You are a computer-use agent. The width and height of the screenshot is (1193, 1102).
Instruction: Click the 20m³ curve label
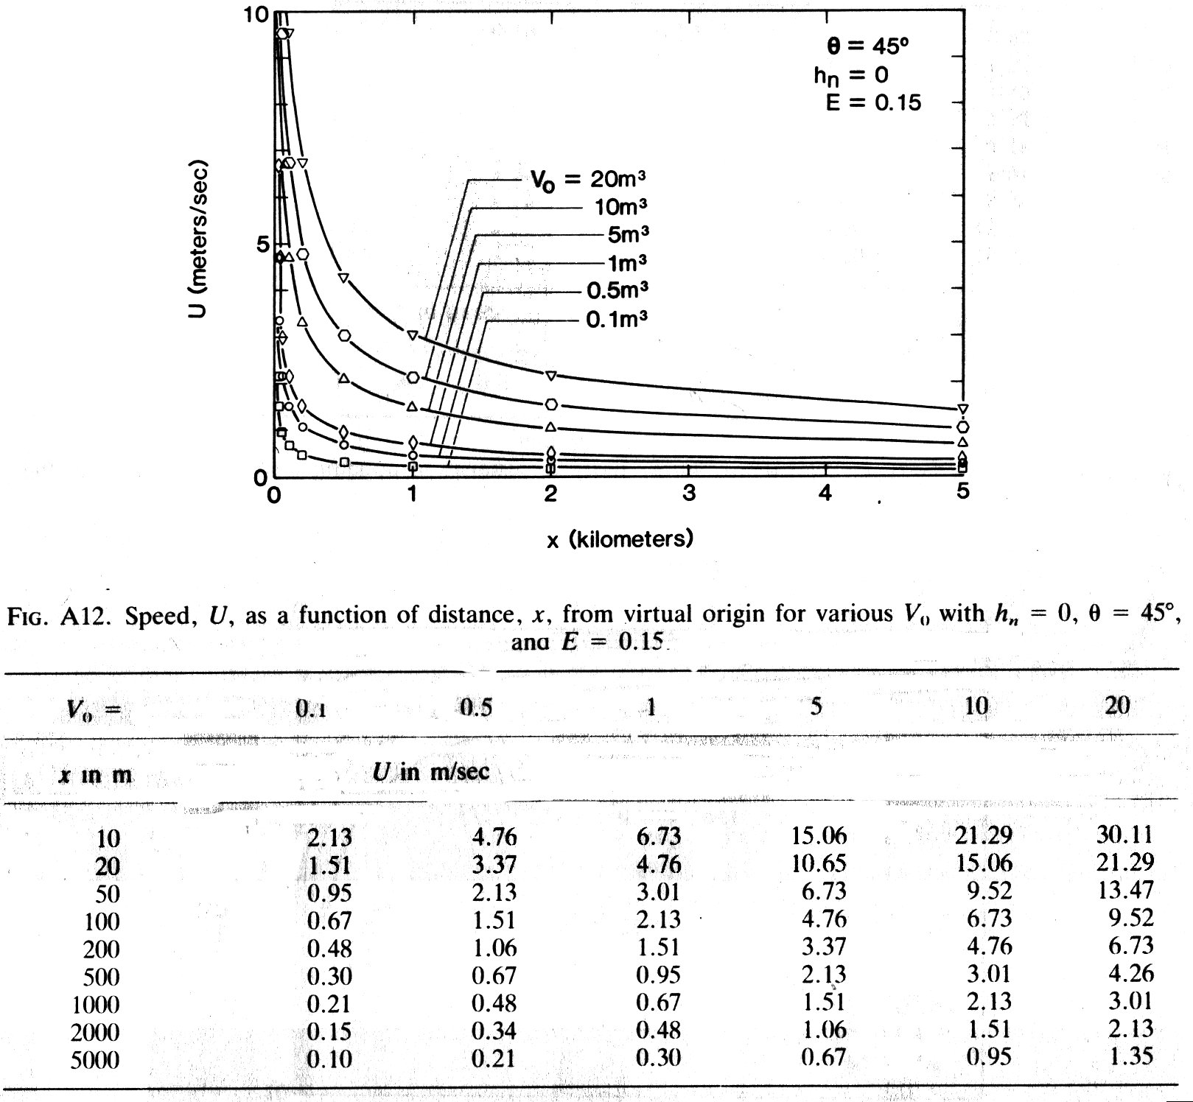pos(589,179)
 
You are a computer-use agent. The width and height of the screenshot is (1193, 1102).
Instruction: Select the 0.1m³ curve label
pos(617,320)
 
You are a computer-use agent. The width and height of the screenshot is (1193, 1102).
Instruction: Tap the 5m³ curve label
pos(628,235)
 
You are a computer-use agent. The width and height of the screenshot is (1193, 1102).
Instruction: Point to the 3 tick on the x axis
pos(688,494)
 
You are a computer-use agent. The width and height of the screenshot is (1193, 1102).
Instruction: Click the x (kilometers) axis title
pos(620,539)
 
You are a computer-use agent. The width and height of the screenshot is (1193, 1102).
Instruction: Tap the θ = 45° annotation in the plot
pos(868,46)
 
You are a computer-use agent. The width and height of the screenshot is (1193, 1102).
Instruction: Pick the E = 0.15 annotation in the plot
pos(873,102)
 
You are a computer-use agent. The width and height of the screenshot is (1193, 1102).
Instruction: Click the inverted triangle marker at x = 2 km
pos(550,376)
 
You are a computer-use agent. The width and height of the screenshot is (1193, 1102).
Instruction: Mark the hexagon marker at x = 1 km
pos(413,378)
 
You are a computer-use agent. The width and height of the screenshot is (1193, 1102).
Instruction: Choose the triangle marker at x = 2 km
pos(550,427)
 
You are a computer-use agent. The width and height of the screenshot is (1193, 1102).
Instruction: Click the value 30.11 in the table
pos(1124,834)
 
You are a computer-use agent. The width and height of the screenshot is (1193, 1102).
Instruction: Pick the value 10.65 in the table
pos(819,863)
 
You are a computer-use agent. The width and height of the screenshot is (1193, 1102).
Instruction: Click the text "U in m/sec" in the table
pos(431,772)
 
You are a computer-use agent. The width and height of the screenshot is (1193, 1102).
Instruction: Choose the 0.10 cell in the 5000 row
pos(329,1059)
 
